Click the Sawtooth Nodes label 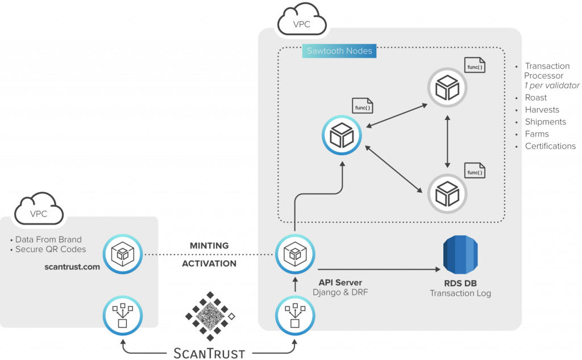[339, 51]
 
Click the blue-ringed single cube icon [342, 135]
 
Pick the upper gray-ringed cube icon [447, 88]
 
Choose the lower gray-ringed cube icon [447, 193]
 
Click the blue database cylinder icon [460, 254]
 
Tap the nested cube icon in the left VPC [122, 254]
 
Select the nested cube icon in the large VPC [295, 254]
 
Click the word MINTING [209, 246]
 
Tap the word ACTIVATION [209, 264]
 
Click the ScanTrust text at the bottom [209, 353]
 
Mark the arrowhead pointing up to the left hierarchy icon [122, 342]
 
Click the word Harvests [542, 110]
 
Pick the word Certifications [550, 146]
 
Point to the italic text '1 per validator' [552, 85]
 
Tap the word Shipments [545, 122]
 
